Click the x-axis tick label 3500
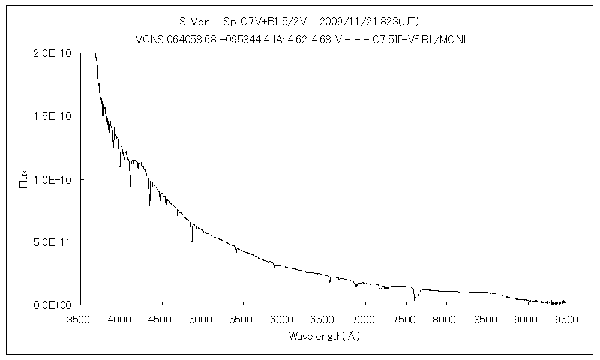point(80,320)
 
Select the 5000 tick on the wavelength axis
point(202,320)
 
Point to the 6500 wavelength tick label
point(324,320)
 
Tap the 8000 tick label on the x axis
point(445,320)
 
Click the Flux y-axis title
point(24,179)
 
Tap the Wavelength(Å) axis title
point(324,336)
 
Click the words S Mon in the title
point(195,22)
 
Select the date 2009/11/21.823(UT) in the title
point(369,22)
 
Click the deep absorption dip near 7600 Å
point(414,297)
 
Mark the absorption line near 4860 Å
point(191,237)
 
